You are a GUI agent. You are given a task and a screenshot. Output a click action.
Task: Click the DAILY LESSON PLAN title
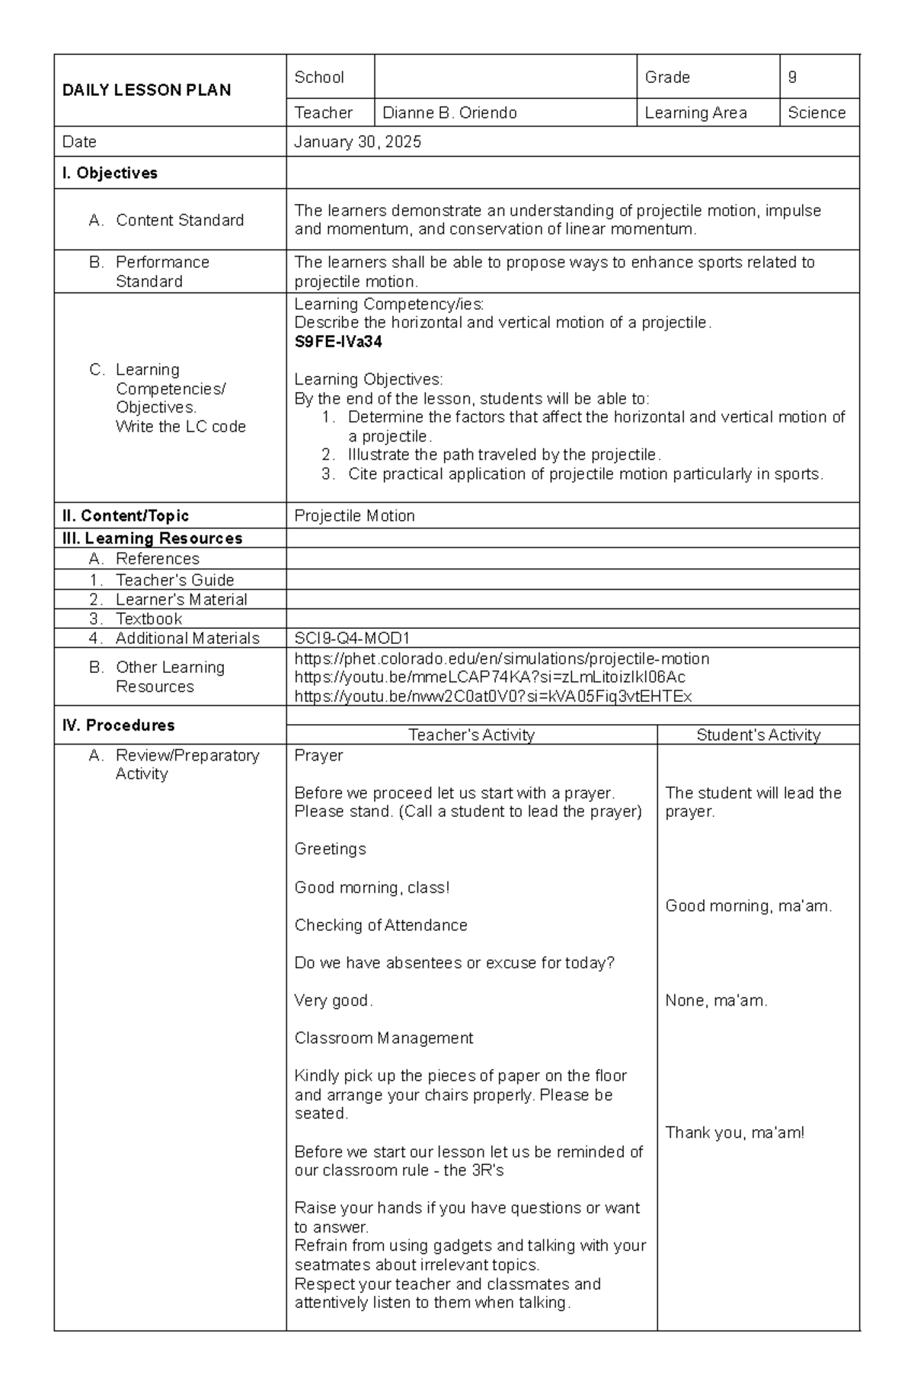click(146, 91)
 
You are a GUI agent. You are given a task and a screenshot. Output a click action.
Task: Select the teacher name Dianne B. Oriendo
click(449, 113)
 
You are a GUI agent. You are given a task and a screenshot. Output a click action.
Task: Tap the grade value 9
click(792, 77)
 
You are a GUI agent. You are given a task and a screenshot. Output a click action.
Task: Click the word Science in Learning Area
click(817, 113)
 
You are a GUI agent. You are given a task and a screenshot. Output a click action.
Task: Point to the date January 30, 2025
click(357, 142)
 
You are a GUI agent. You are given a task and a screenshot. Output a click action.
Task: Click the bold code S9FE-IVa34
click(338, 342)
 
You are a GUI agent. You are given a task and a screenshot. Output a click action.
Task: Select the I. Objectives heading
click(110, 174)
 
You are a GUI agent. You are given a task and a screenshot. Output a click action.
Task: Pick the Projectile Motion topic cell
click(354, 516)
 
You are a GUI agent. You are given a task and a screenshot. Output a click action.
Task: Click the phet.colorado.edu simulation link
click(501, 659)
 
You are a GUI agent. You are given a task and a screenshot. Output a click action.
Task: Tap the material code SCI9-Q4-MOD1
click(352, 639)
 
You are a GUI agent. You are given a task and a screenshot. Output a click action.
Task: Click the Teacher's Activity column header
click(471, 735)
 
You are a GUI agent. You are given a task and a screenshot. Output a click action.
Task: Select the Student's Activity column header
click(758, 735)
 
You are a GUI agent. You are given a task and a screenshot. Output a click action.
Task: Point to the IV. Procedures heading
click(118, 726)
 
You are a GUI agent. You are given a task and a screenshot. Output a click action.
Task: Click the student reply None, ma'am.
click(716, 1001)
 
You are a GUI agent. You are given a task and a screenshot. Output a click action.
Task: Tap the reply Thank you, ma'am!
click(734, 1133)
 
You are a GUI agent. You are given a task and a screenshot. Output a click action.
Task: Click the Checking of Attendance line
click(381, 926)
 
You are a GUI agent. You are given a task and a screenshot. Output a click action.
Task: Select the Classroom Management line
click(383, 1038)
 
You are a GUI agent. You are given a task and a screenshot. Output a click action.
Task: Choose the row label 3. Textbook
click(148, 619)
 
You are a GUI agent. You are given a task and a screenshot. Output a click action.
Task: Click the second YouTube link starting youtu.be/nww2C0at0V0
click(493, 697)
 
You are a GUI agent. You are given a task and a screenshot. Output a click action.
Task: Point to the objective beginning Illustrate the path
click(503, 455)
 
